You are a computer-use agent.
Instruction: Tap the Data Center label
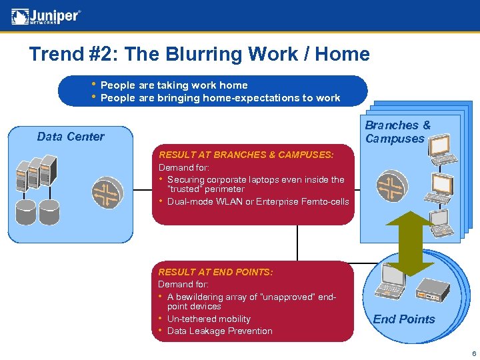click(71, 137)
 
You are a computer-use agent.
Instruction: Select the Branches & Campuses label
click(397, 132)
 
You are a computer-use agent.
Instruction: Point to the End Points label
click(404, 319)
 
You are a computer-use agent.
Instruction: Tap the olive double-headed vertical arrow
click(411, 243)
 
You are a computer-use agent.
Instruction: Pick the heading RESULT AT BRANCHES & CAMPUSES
click(245, 155)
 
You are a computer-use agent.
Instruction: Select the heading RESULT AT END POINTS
click(215, 272)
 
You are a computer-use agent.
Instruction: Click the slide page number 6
click(473, 353)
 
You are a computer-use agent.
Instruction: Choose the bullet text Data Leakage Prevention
click(220, 331)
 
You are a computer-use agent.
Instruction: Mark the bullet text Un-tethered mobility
click(209, 319)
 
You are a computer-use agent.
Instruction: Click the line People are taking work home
click(174, 85)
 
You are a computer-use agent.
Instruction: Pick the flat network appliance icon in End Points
click(435, 288)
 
